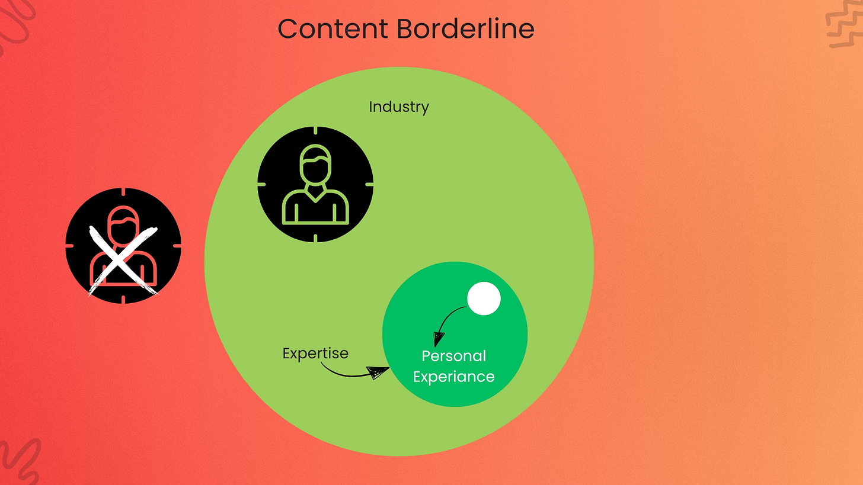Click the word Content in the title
(328, 28)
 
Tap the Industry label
(398, 107)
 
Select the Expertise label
(315, 354)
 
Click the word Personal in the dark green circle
(453, 356)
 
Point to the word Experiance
(453, 377)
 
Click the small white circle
(484, 299)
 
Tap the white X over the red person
(123, 260)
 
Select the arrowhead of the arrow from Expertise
(378, 372)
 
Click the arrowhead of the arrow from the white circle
(438, 339)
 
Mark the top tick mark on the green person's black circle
(315, 131)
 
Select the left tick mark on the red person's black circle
(69, 245)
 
